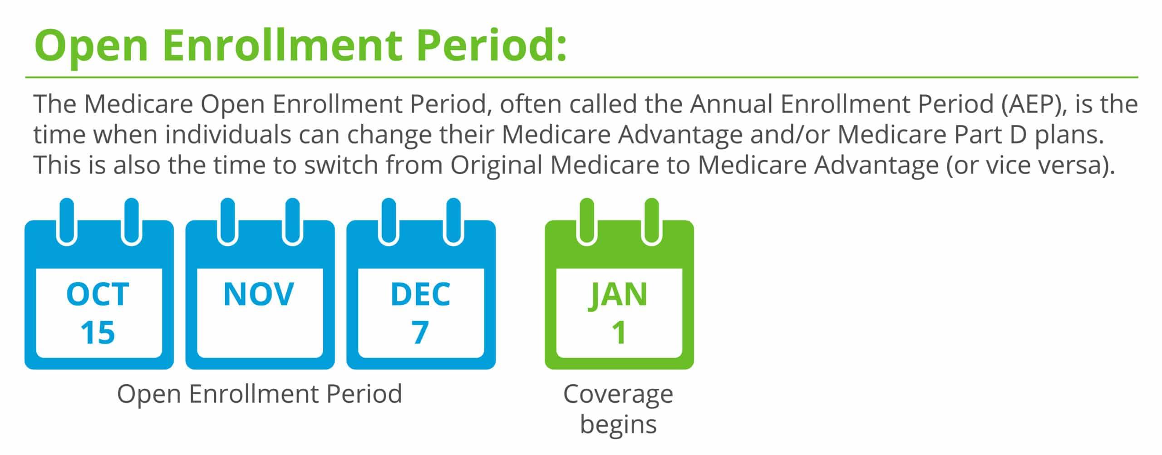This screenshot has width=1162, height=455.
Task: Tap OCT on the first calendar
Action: (x=98, y=294)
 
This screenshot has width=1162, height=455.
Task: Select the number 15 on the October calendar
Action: (x=98, y=333)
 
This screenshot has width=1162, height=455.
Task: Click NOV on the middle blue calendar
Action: (x=259, y=294)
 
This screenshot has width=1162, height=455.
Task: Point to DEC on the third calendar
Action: (x=420, y=294)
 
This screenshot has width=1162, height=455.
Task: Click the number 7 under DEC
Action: (x=420, y=333)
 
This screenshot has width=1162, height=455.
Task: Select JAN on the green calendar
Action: (x=618, y=295)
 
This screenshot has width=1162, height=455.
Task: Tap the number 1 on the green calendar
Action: (x=619, y=333)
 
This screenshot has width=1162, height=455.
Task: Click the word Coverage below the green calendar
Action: (x=618, y=395)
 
